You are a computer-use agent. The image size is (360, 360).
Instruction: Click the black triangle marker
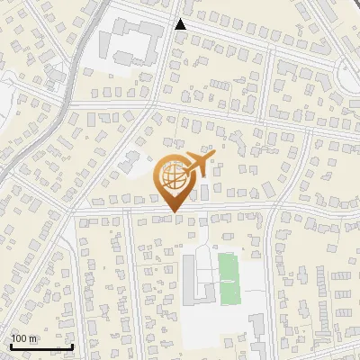point(181,24)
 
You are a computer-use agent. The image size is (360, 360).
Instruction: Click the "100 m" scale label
point(24,338)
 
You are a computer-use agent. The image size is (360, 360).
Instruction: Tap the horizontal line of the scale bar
point(41,346)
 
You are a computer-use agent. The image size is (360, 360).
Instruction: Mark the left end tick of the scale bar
point(11,345)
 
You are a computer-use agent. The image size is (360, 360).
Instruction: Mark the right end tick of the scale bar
point(73,345)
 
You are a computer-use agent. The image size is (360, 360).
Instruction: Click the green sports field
point(230,279)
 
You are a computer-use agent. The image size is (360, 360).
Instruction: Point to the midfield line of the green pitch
point(230,280)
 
